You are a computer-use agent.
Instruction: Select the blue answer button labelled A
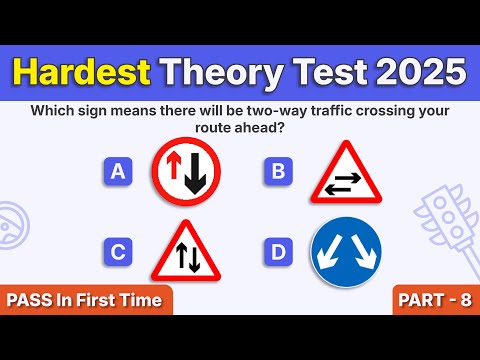(118, 172)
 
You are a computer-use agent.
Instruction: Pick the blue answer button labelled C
(118, 251)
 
